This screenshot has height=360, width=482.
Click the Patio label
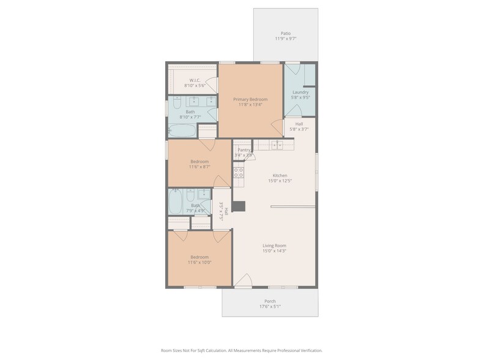click(286, 33)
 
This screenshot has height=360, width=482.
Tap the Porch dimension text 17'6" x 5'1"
click(270, 307)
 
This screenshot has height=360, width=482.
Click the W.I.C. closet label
click(195, 80)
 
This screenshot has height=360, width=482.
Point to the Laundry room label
click(300, 92)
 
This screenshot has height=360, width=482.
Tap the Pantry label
click(245, 149)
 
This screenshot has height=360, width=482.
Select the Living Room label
click(275, 245)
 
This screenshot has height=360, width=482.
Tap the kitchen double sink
click(277, 144)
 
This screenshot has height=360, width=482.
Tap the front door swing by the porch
click(243, 280)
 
